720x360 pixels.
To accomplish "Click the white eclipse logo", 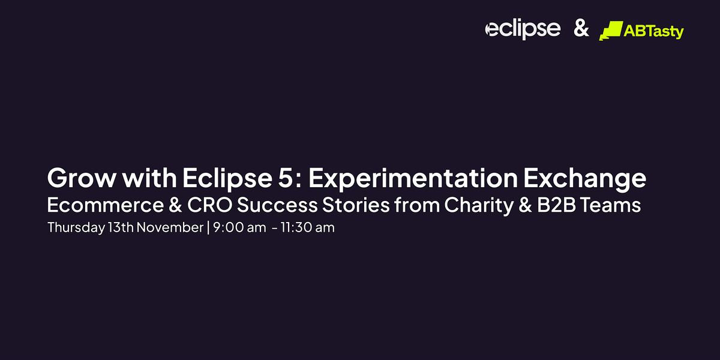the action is [523, 29].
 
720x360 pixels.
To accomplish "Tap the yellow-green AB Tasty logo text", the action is [654, 31].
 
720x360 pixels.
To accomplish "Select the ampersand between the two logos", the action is [581, 28].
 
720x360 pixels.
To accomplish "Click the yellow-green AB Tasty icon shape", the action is [611, 31].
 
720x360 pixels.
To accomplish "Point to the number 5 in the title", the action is [285, 178].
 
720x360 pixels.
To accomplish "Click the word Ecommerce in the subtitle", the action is [106, 205].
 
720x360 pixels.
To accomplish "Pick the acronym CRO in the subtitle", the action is [209, 205].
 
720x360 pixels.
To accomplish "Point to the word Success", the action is [277, 205].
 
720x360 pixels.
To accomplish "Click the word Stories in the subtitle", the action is [356, 205].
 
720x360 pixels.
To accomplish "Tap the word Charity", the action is [479, 206].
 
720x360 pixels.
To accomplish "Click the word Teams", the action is [611, 205].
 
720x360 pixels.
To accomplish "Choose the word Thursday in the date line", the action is [76, 228].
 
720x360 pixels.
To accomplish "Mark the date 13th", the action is [121, 227].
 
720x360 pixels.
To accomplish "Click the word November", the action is [170, 227].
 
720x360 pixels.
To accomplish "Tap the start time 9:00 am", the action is [239, 227].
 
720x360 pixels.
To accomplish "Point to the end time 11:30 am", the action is [308, 227].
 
